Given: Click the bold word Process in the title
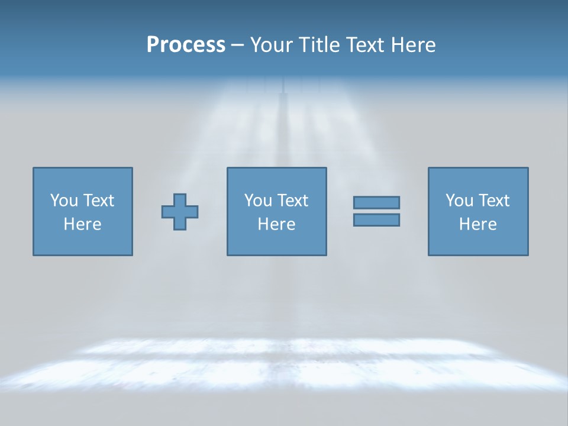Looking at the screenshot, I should click(x=186, y=45).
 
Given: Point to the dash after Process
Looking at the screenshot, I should click(x=237, y=46).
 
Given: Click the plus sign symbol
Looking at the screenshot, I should click(x=180, y=212).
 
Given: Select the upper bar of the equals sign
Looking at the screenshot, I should click(x=376, y=202).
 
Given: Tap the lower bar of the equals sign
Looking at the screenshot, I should click(x=376, y=220).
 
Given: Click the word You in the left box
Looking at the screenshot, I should click(x=64, y=201).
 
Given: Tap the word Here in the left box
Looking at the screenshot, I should click(x=83, y=224).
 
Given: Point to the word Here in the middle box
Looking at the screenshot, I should click(x=277, y=224).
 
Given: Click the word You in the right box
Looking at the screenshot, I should click(x=460, y=201).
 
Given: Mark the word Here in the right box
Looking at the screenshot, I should click(x=478, y=224).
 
